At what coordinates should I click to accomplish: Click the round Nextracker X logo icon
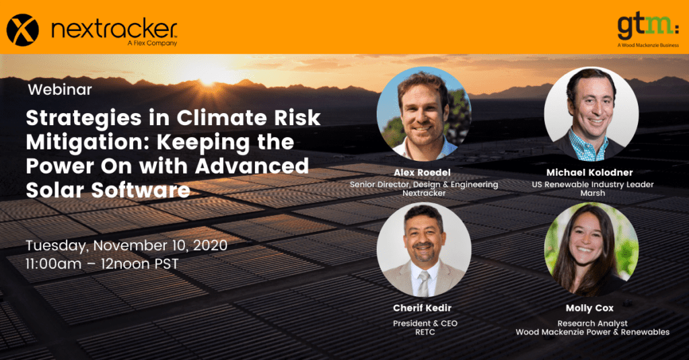click(22, 30)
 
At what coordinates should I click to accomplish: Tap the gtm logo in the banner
click(648, 28)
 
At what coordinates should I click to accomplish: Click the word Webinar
click(60, 89)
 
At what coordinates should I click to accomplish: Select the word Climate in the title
click(222, 118)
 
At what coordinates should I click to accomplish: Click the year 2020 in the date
click(210, 245)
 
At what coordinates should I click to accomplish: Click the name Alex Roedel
click(422, 172)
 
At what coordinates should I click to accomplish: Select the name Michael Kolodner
click(589, 172)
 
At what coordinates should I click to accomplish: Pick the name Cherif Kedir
click(423, 308)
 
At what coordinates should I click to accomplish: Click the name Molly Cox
click(589, 308)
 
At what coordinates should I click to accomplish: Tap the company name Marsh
click(592, 193)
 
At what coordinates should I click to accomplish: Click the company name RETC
click(425, 332)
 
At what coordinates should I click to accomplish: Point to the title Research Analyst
click(592, 324)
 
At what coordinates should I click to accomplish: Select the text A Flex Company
click(152, 43)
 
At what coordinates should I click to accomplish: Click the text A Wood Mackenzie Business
click(648, 45)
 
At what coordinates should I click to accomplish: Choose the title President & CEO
click(425, 324)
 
